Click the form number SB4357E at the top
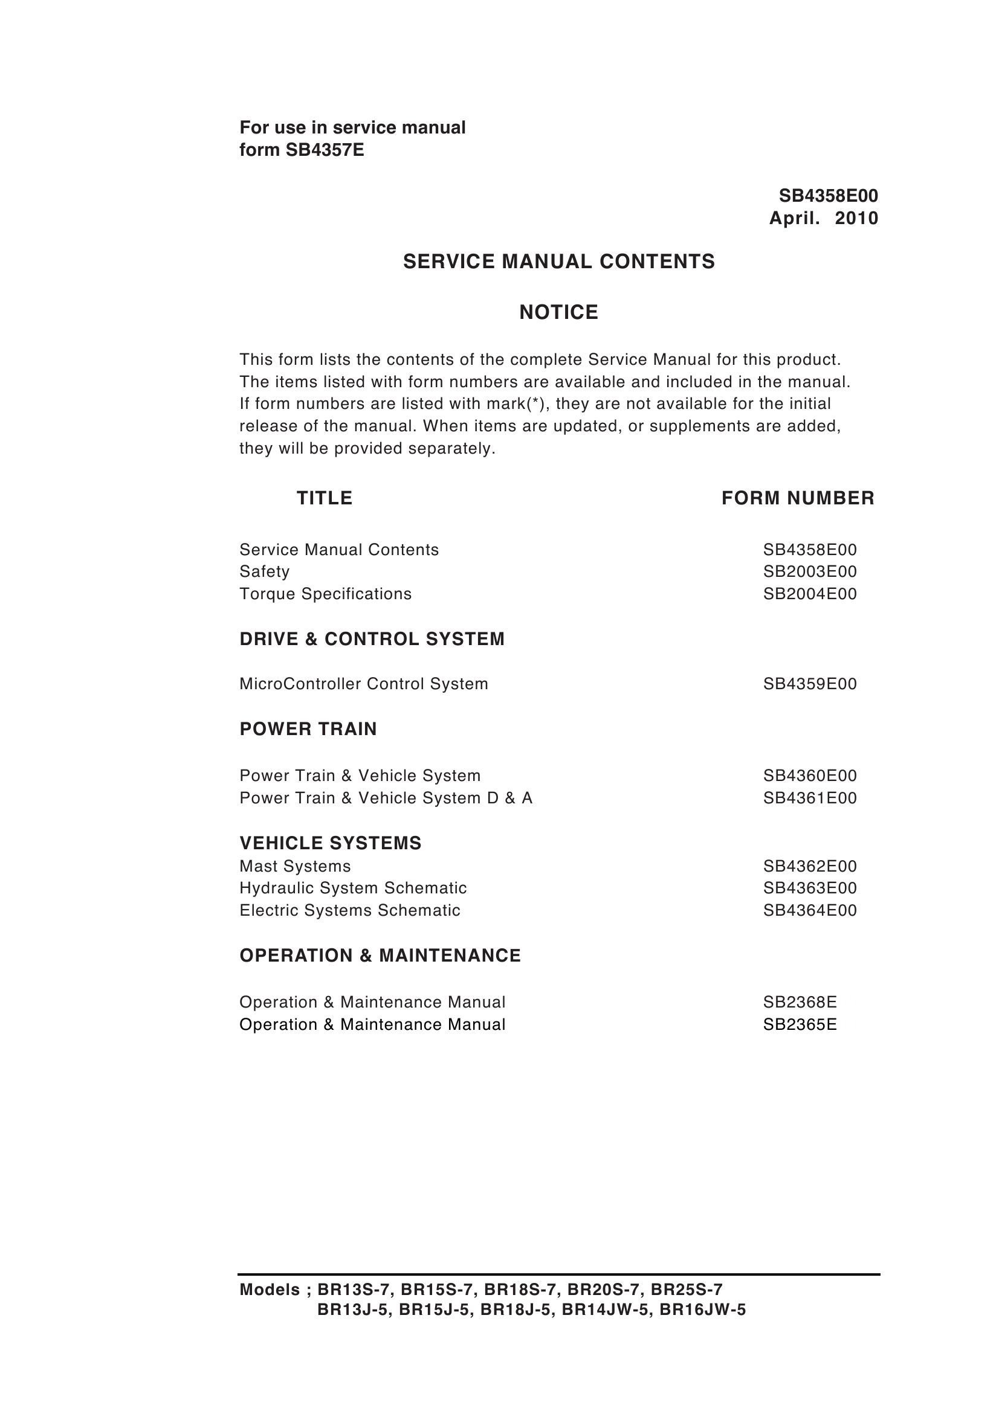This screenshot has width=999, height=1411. point(324,150)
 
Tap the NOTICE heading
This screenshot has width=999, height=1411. point(558,312)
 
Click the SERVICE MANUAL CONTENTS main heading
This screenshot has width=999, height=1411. point(558,262)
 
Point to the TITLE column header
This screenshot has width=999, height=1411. point(324,497)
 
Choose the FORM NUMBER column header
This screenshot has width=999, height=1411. point(797,497)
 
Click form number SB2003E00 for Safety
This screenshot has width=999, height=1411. point(810,571)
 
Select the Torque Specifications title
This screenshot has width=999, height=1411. point(325,594)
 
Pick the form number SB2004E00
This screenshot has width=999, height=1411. point(810,594)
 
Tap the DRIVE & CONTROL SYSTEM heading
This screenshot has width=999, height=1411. point(372,639)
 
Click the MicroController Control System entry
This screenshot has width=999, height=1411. point(364,684)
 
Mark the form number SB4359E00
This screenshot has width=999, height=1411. point(810,684)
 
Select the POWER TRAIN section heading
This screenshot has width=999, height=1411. point(308,728)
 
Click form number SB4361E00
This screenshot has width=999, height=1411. point(810,798)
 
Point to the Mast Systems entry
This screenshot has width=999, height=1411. point(295,866)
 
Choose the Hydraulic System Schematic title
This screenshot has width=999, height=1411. point(353,888)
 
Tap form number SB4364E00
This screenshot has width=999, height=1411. point(810,910)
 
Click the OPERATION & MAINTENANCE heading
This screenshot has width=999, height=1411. point(380,956)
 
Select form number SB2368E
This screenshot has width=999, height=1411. point(800,1002)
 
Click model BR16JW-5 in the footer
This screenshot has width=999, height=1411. point(702,1310)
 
